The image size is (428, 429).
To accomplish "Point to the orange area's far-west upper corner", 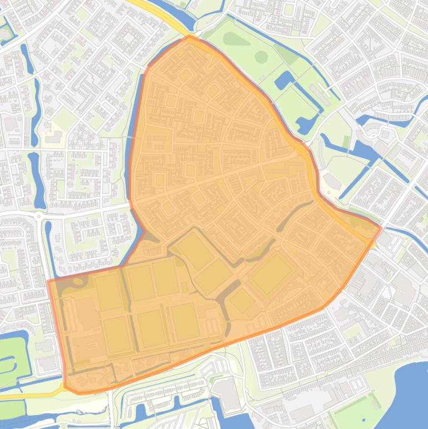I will (x=49, y=281).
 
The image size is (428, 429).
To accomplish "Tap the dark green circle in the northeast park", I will (x=260, y=57).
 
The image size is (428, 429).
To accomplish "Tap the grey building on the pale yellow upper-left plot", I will (x=53, y=136).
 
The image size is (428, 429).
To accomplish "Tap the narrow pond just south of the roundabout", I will (x=48, y=240).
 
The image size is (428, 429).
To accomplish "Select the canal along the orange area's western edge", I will (x=134, y=139).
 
